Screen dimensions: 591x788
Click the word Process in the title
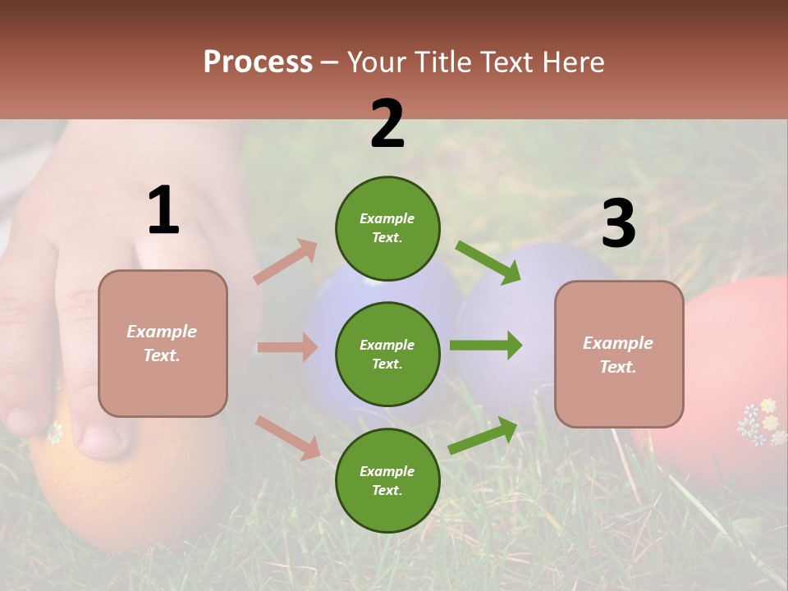coord(258,62)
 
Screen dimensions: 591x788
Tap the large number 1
coord(163,211)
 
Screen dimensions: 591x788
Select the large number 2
coord(387,124)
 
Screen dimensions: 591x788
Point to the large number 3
coord(618,224)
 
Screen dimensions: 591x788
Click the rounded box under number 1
coord(163,343)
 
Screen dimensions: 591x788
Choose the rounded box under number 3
coord(619,354)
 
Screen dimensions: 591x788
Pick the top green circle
coord(387,228)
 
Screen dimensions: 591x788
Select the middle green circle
coord(387,354)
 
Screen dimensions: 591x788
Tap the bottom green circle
coord(387,480)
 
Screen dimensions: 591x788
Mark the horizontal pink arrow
coord(287,347)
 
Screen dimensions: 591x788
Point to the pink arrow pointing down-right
coord(287,438)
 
